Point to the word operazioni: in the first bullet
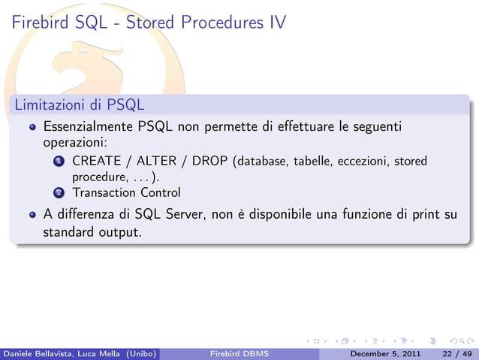click(76, 141)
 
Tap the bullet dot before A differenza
click(32, 216)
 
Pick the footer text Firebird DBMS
click(239, 352)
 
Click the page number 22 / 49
click(457, 352)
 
